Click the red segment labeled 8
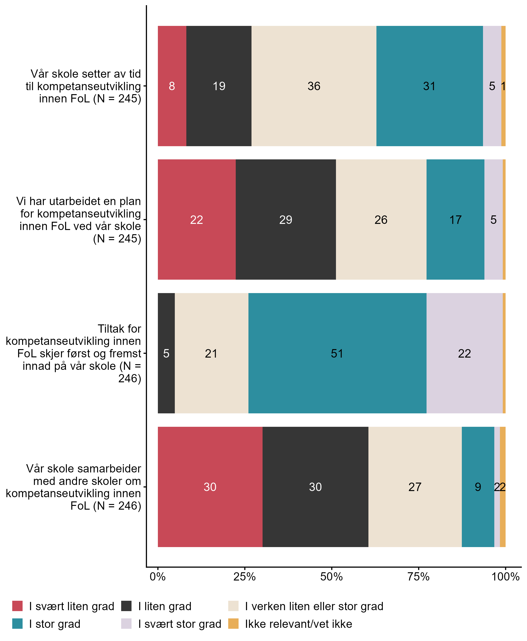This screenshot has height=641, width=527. pos(172,86)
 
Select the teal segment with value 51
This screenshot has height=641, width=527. pos(337,353)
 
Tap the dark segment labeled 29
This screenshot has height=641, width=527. pos(285,219)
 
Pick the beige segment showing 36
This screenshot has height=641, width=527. pos(314,86)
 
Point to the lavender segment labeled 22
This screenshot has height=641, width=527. pos(464,353)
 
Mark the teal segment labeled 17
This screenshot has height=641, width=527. pos(455,219)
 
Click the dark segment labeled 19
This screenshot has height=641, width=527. pos(219,86)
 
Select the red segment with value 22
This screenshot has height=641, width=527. pos(196,219)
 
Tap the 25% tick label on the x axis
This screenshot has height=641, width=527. pos(244,576)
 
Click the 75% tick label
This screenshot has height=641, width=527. pos(418,576)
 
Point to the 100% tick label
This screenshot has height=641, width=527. pos(505,576)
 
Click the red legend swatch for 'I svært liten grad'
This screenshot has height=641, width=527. pos(17,606)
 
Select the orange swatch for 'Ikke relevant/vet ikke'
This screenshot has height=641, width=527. pos(233,624)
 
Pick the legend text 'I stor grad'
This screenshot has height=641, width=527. pos(55,624)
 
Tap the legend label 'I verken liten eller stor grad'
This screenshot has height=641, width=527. pos(314,606)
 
